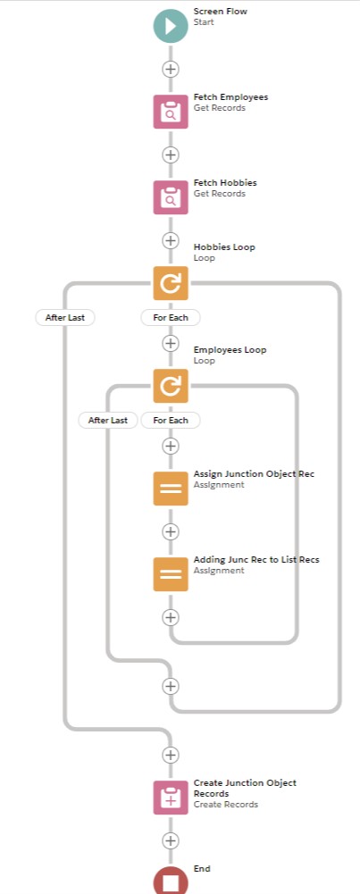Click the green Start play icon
[x=171, y=26]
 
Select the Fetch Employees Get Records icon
[x=171, y=112]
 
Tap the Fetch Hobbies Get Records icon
[x=171, y=197]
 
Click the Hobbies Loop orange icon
[x=171, y=283]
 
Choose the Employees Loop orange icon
[x=171, y=386]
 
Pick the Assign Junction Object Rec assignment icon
[x=171, y=489]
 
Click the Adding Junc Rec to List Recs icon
[x=171, y=574]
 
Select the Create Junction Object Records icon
[x=171, y=797]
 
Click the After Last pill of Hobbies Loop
[x=65, y=318]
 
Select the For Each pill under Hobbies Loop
[x=171, y=318]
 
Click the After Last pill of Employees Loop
[x=108, y=421]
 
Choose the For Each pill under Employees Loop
[x=171, y=421]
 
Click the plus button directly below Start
[x=171, y=69]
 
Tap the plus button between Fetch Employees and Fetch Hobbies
[x=171, y=155]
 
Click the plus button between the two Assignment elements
[x=171, y=531]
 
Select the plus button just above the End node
[x=171, y=840]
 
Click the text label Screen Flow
[x=221, y=12]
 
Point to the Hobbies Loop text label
[x=224, y=247]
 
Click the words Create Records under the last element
[x=226, y=805]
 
